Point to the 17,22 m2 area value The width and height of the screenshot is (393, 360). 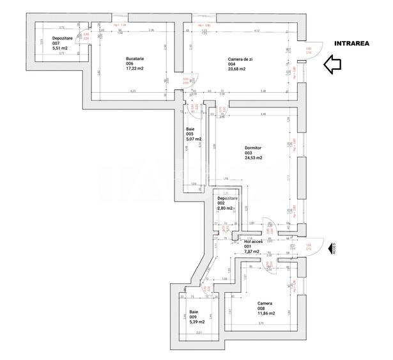[134, 70]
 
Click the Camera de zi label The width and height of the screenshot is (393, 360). [239, 59]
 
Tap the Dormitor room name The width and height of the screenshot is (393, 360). [253, 147]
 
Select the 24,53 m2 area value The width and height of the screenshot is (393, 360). [254, 157]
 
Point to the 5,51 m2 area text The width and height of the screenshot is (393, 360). [43, 51]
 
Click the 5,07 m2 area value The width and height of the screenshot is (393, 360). [194, 139]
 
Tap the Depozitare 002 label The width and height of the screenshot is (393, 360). [227, 201]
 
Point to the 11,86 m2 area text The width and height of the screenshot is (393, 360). [266, 313]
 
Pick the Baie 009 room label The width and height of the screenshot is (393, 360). [194, 314]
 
